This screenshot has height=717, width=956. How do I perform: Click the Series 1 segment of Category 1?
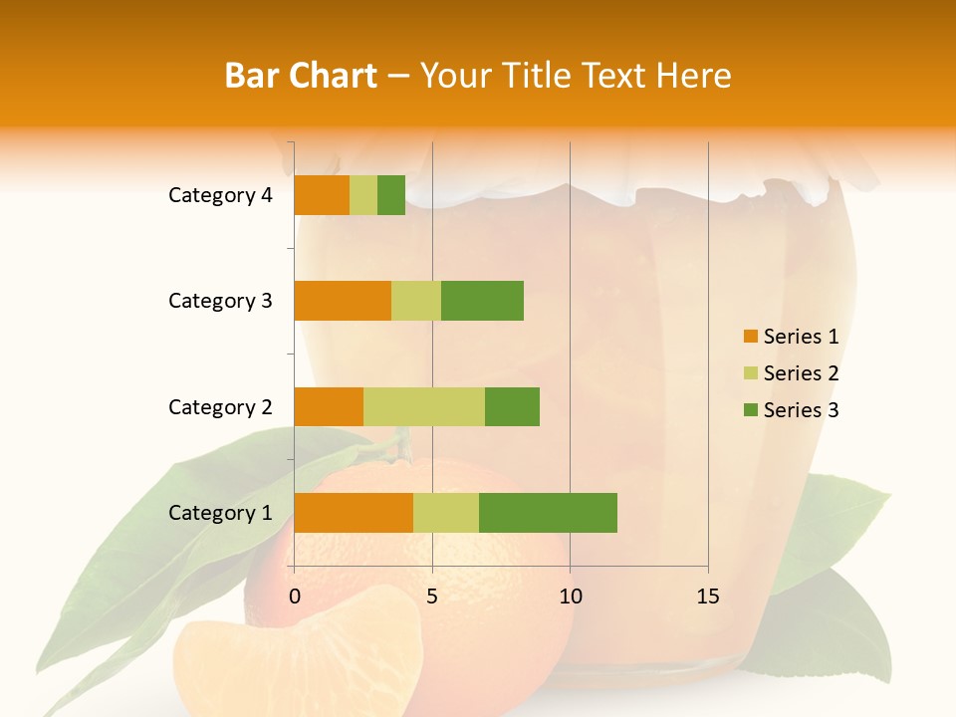tap(354, 513)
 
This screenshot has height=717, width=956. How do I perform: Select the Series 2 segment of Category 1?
tap(446, 513)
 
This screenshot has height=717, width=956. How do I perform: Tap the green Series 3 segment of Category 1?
tap(548, 513)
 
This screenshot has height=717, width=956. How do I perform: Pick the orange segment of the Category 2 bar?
tap(329, 406)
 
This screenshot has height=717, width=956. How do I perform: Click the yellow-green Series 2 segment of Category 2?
tap(424, 406)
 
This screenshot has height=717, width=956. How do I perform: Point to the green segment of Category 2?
tap(512, 406)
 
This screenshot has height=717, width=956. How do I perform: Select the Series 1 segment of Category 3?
tap(343, 301)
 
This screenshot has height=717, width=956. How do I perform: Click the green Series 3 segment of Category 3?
tap(482, 301)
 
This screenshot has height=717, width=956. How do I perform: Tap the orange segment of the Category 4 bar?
tap(322, 195)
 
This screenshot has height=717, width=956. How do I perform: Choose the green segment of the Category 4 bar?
tap(391, 195)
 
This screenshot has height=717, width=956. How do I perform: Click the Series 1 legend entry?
tap(791, 337)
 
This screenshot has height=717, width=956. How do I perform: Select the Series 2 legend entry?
tap(791, 373)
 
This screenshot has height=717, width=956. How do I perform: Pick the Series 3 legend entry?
tap(791, 410)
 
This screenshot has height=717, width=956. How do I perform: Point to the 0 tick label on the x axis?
tap(295, 597)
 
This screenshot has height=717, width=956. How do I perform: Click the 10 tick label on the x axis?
tap(570, 597)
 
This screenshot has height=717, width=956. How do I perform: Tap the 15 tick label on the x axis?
tap(708, 597)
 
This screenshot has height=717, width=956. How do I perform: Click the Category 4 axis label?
tap(220, 195)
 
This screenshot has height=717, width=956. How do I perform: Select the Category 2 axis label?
tap(220, 406)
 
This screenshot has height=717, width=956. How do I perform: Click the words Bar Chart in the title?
tap(301, 75)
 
